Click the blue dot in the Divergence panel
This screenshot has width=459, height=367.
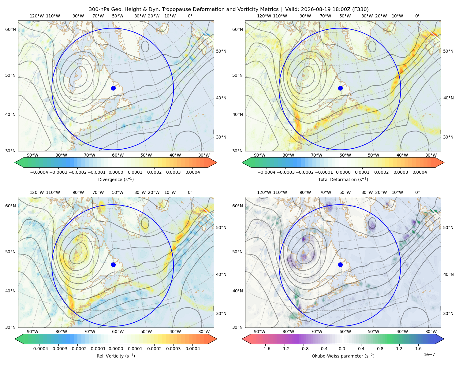tap(113, 88)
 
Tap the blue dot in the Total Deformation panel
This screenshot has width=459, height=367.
tap(340, 88)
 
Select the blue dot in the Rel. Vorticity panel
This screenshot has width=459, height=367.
tap(113, 265)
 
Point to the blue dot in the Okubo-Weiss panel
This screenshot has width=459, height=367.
tap(340, 265)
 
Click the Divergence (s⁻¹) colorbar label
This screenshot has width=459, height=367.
tap(116, 179)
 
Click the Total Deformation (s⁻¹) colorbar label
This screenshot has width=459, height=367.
tap(343, 179)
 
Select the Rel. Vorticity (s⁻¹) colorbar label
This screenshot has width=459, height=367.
tap(116, 356)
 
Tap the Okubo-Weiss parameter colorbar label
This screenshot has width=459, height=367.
tap(343, 356)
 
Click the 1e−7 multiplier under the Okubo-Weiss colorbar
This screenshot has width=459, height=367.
tap(429, 354)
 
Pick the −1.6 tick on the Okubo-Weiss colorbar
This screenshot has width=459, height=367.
tap(265, 349)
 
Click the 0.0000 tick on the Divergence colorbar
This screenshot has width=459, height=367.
tap(116, 172)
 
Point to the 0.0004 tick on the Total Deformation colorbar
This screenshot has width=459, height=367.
tap(420, 172)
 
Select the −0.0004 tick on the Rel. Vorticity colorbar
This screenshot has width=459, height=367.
tap(39, 349)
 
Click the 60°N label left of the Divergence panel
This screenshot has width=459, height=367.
tap(10, 29)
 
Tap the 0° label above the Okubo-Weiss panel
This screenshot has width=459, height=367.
tap(417, 192)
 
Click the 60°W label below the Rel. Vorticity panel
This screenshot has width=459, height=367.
tap(118, 332)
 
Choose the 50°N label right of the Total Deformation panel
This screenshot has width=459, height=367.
tap(448, 51)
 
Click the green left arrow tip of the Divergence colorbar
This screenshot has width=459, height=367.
tap(15, 162)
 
